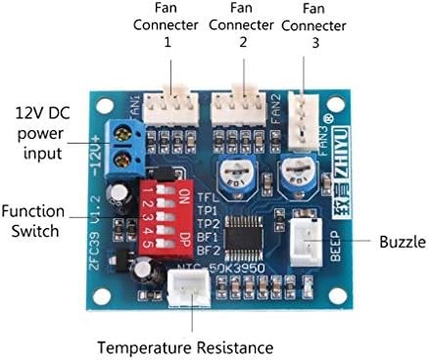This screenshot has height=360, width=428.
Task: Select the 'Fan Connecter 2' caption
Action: pyautogui.click(x=241, y=28)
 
